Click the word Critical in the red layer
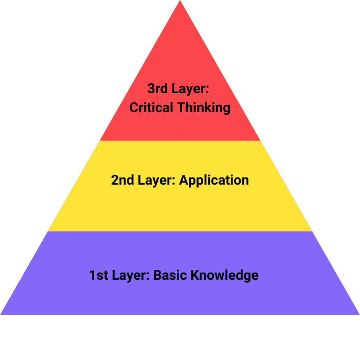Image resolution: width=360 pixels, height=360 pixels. pos(151,108)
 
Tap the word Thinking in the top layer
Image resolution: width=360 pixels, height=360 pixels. pos(203,108)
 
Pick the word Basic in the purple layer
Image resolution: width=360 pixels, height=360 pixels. pos(170,275)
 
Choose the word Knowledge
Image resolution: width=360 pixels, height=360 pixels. pos(225,275)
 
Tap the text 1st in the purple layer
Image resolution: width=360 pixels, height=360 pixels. pos(98,275)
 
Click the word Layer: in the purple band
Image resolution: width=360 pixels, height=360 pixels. pos(130,275)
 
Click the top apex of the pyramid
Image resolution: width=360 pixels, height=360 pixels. pos(180,2)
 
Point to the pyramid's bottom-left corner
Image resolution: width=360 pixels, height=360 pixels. pos(2,314)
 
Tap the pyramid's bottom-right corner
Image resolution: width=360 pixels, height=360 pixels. pos(358,314)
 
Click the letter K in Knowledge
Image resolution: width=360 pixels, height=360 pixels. pos(195,275)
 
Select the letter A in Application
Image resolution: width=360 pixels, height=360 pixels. pos(184,181)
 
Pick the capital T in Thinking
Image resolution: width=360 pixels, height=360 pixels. pos(181,108)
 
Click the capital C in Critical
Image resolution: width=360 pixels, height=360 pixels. pos(134,108)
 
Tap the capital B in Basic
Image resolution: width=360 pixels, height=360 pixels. pos(157,275)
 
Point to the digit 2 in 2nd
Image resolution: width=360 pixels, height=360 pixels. pos(115,181)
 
